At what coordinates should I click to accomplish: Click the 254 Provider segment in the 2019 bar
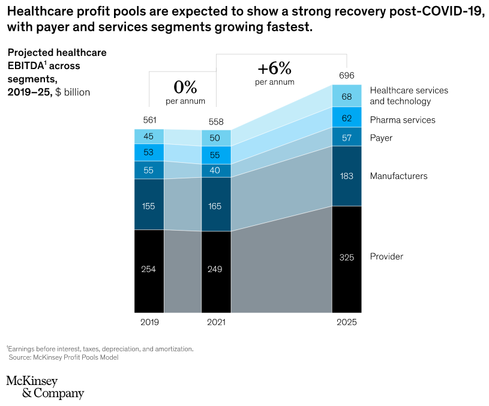[x=149, y=270]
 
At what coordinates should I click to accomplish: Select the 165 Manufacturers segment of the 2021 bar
[x=216, y=206]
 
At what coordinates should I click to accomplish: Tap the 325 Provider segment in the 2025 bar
[x=346, y=258]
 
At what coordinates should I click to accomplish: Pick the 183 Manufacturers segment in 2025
[x=346, y=176]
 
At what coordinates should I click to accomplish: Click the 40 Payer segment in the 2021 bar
[x=216, y=170]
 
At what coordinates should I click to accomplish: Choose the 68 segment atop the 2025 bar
[x=346, y=96]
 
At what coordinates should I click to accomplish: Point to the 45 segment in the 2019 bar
[x=149, y=136]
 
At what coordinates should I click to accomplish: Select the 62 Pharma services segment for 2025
[x=346, y=118]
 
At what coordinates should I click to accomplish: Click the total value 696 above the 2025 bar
[x=346, y=76]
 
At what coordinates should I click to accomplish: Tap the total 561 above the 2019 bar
[x=149, y=120]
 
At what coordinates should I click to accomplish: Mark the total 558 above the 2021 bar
[x=216, y=121]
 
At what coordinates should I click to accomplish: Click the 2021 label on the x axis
[x=216, y=323]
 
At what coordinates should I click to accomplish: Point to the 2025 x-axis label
[x=346, y=323]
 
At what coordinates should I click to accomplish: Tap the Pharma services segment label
[x=403, y=120]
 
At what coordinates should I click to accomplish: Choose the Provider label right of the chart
[x=386, y=256]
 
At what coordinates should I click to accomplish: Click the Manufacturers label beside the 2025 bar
[x=398, y=176]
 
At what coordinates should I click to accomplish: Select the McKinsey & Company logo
[x=45, y=387]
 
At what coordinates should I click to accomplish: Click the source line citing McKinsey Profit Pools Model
[x=64, y=357]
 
